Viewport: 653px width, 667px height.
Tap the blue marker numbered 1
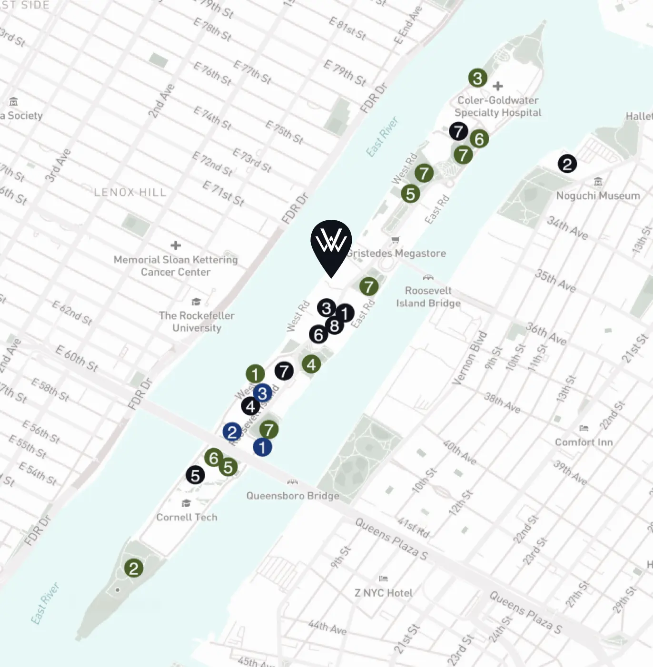click(x=262, y=447)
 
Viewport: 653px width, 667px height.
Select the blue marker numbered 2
click(x=232, y=432)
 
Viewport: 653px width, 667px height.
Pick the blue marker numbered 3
click(x=262, y=393)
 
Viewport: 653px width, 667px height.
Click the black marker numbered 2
click(x=567, y=164)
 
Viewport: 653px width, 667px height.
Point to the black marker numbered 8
click(x=335, y=326)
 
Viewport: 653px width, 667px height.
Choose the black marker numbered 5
click(x=195, y=475)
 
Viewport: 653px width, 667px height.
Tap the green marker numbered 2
click(x=133, y=568)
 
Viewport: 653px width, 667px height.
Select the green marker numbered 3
click(x=477, y=78)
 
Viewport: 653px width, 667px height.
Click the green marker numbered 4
click(x=311, y=364)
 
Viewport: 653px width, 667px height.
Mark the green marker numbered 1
click(x=255, y=374)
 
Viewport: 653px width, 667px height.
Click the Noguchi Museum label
click(x=598, y=196)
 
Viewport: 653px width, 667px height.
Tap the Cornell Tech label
click(x=187, y=517)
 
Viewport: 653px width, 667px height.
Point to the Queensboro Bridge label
click(x=293, y=495)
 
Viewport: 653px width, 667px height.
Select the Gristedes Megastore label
click(x=396, y=253)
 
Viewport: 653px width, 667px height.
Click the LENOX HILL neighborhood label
click(x=130, y=192)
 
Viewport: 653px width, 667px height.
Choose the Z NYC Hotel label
click(x=383, y=593)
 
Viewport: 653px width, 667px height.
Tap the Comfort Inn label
click(x=584, y=442)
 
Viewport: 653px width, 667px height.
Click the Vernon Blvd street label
click(x=469, y=358)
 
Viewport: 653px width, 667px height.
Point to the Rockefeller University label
click(x=197, y=322)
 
